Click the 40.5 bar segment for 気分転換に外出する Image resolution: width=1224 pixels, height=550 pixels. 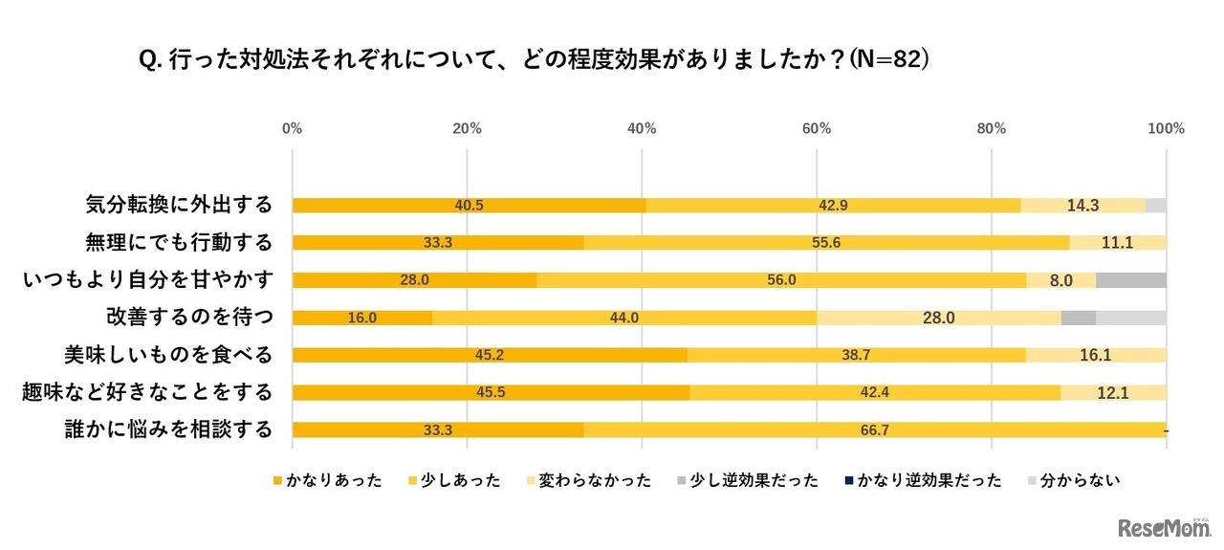point(469,205)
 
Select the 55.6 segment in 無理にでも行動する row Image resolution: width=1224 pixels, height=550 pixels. point(826,242)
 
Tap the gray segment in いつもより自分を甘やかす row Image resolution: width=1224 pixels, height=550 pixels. point(1130,279)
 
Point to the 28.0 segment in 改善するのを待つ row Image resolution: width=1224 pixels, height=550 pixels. point(938,318)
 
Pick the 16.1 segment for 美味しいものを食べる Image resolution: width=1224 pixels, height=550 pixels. point(1096,355)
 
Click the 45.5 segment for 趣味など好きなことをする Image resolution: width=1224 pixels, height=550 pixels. point(491,392)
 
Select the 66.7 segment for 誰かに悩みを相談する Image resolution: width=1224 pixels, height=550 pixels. point(874,429)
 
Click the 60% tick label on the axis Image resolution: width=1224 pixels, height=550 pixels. point(817,128)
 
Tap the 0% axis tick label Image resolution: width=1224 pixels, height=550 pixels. point(293,128)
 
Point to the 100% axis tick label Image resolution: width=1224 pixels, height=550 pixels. point(1166,128)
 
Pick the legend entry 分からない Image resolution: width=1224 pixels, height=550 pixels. point(1081,480)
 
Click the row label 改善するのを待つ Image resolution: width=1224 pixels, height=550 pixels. point(188,318)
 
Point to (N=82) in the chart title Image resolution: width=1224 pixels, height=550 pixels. point(889,59)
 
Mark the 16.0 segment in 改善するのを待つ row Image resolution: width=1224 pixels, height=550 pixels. point(361,318)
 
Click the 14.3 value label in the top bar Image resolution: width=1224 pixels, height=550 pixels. point(1082,205)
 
